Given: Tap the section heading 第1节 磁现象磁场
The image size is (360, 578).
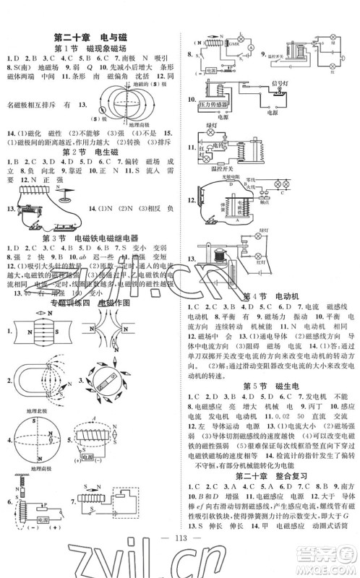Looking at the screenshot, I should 94,47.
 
